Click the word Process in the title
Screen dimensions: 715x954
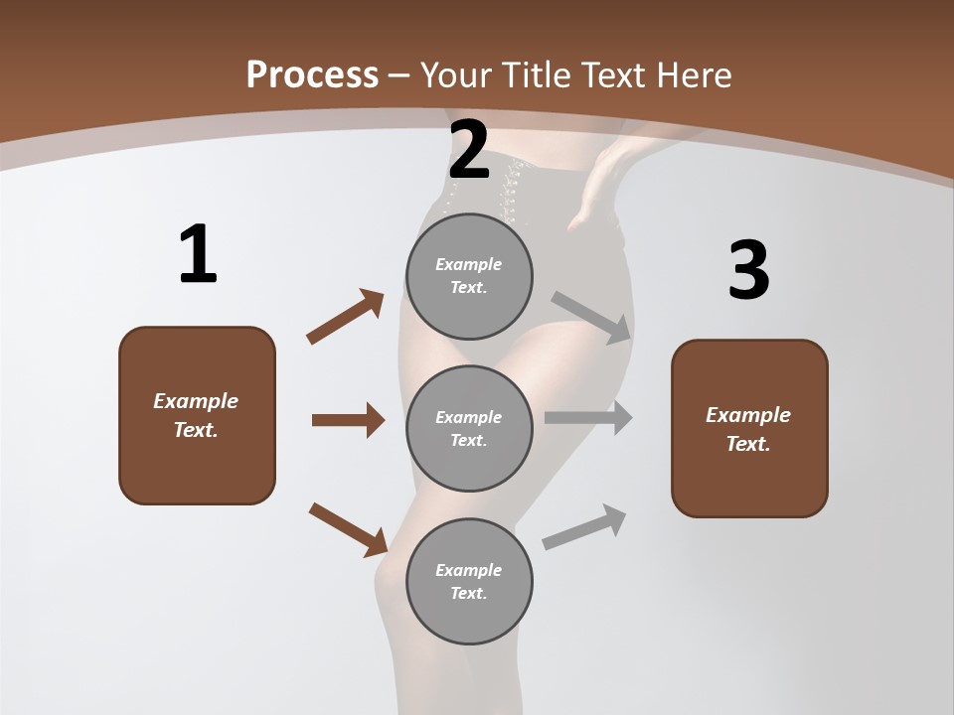coord(312,75)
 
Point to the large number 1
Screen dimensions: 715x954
coord(198,255)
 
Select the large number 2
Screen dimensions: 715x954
coord(469,151)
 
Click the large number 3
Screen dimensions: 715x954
coord(748,270)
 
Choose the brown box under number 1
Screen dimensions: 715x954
coord(197,415)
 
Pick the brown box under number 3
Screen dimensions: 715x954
coord(749,429)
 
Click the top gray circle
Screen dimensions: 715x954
coord(469,276)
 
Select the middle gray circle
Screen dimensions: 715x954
coord(469,429)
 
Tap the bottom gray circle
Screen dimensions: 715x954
coord(469,582)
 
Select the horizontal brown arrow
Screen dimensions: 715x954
coord(348,420)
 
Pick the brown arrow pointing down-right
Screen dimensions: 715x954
coord(348,529)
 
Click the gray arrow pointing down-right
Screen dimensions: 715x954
coord(591,317)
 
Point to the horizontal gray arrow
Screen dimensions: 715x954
coord(588,418)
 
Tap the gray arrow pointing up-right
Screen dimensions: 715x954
coord(584,526)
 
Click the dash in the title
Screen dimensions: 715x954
coord(399,75)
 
